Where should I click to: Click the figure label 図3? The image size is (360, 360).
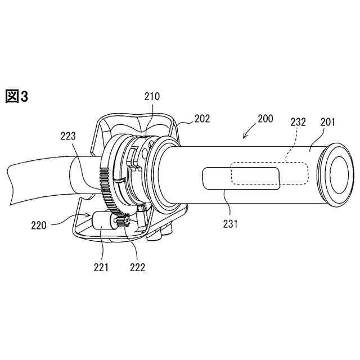[x=16, y=96]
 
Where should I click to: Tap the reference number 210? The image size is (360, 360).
[x=151, y=96]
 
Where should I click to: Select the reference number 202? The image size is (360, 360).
[x=202, y=119]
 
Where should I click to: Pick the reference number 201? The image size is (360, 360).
[x=328, y=121]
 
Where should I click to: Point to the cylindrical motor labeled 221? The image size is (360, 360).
[x=103, y=223]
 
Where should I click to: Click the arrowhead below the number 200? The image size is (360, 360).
[x=244, y=136]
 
